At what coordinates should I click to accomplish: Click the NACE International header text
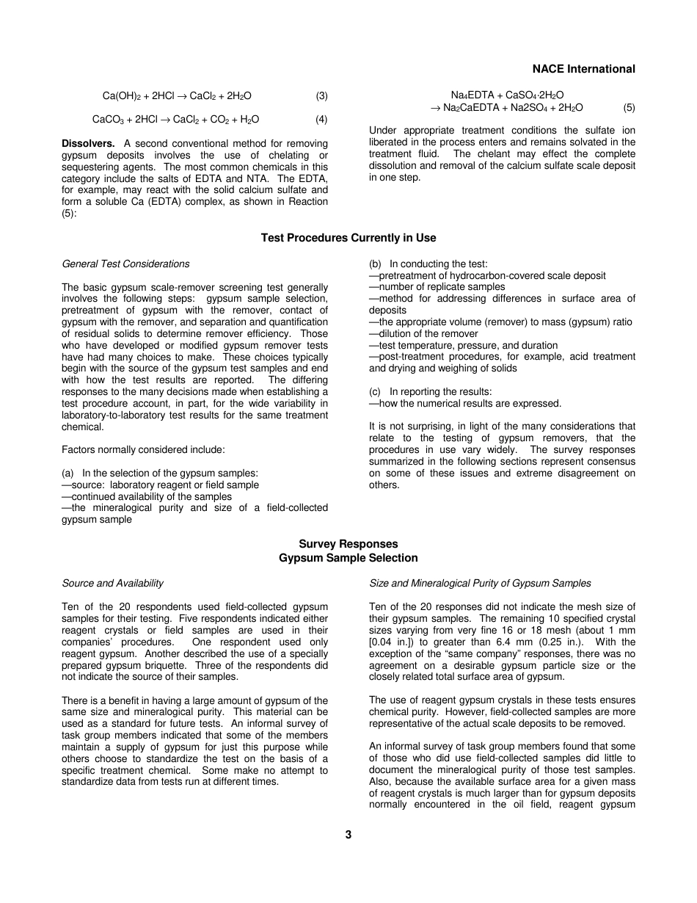pos(583,69)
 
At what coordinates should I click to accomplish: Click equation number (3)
pos(321,95)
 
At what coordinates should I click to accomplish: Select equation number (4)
pos(321,119)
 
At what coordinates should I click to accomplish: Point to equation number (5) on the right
pos(629,107)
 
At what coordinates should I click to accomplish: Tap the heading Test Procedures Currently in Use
pos(348,238)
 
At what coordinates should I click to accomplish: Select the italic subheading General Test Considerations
pos(125,264)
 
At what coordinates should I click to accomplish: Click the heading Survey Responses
pos(348,544)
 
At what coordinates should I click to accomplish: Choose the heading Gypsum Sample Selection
pos(348,558)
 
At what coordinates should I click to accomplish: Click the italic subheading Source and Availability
pos(112,583)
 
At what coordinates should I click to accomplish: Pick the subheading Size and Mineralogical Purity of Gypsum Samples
pos(480,583)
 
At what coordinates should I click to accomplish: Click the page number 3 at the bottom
pos(348,835)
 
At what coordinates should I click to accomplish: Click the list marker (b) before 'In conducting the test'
pos(376,264)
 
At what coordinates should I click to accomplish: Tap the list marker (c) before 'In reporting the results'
pos(376,392)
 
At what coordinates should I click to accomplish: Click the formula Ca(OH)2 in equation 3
pos(122,96)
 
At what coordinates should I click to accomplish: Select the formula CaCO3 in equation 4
pos(110,120)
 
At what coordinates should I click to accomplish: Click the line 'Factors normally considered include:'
pos(143,450)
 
